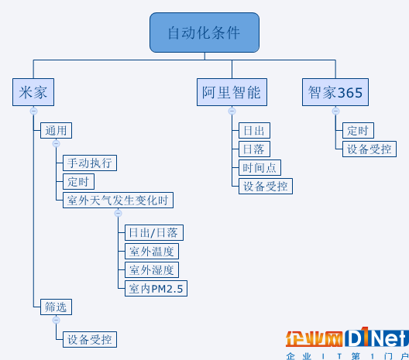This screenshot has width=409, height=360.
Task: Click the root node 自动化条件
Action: [x=204, y=33]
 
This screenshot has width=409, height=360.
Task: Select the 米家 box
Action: [x=33, y=92]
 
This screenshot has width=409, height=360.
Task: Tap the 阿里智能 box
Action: [x=232, y=92]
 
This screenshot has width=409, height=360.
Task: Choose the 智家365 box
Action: [x=335, y=92]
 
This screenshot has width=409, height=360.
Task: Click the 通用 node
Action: [x=56, y=130]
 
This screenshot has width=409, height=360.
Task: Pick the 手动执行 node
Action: [x=90, y=163]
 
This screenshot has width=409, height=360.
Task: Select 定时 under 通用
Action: [x=78, y=181]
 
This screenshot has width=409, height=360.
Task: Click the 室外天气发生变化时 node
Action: [x=118, y=201]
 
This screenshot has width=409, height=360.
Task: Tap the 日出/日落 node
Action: [x=154, y=232]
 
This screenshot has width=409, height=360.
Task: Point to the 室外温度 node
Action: [x=152, y=252]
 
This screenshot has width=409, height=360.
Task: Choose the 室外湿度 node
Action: [x=152, y=269]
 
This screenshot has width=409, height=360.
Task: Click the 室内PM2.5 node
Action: [x=156, y=288]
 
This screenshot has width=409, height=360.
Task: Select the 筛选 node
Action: [x=56, y=307]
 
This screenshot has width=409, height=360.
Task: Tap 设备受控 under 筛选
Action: [x=90, y=339]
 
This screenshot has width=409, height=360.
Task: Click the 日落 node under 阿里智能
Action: [x=254, y=149]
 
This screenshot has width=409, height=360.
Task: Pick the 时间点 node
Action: [x=259, y=168]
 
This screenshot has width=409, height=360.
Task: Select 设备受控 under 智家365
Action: [x=369, y=149]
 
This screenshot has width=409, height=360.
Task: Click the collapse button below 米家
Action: [x=33, y=111]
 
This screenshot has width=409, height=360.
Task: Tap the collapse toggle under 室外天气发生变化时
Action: [x=119, y=213]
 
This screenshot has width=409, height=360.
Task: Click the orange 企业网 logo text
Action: [x=314, y=338]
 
